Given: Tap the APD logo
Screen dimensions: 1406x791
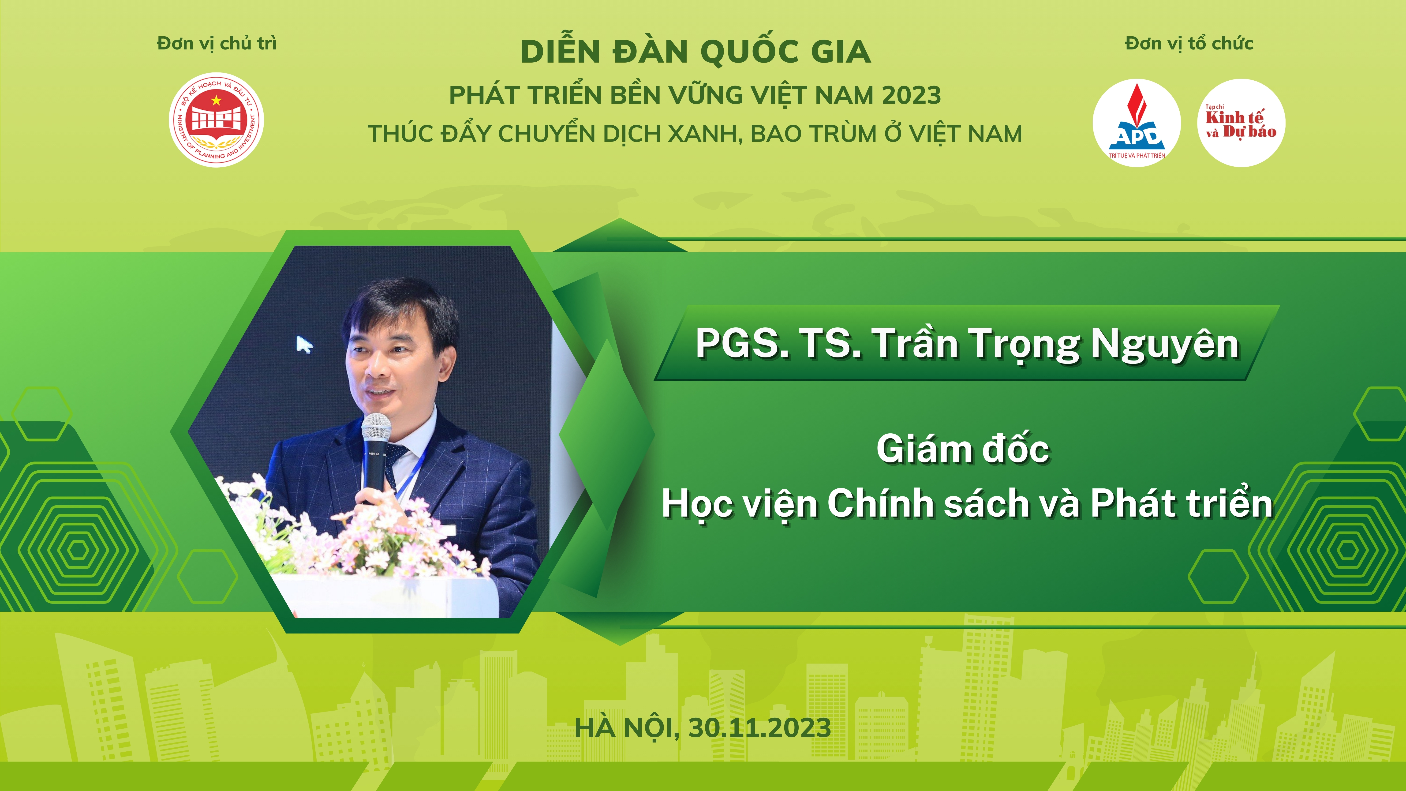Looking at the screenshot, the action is tap(1136, 123).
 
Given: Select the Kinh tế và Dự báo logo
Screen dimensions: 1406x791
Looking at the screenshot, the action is tap(1241, 123).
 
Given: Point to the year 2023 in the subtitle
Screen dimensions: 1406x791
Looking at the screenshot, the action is tap(912, 96).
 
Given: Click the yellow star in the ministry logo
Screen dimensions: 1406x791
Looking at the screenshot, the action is tap(217, 100).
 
